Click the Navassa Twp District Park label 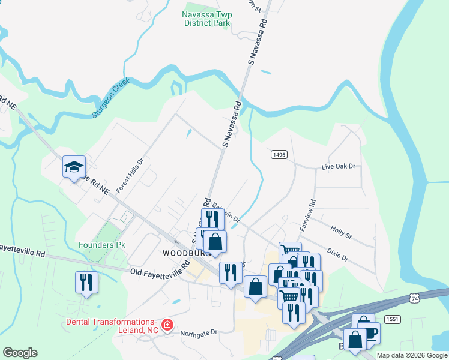click(206, 18)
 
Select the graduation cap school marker click(74, 167)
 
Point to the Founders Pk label click(98, 245)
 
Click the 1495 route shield click(279, 154)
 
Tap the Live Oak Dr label click(339, 166)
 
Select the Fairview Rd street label click(312, 215)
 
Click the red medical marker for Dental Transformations click(167, 326)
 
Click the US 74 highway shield click(414, 298)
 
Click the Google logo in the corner click(20, 353)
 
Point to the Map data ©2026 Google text click(412, 355)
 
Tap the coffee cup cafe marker click(369, 332)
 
